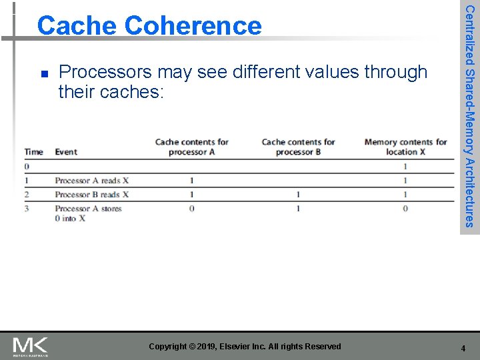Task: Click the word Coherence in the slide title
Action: pos(193,26)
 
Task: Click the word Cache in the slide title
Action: pos(77,26)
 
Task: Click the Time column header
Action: pos(33,152)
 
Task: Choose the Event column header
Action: pos(66,152)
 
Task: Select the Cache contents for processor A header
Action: pos(191,147)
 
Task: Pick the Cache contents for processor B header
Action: pos(298,147)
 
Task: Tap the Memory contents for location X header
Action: pos(405,147)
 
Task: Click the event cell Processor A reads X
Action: pos(92,181)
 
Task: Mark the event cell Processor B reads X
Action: pos(92,195)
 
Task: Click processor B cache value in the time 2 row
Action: pos(298,195)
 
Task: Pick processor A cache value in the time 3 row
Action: pos(191,209)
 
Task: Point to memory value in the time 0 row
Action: pos(405,166)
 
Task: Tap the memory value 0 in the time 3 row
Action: pos(405,209)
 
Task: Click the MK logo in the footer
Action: pos(31,347)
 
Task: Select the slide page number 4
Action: pos(463,348)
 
